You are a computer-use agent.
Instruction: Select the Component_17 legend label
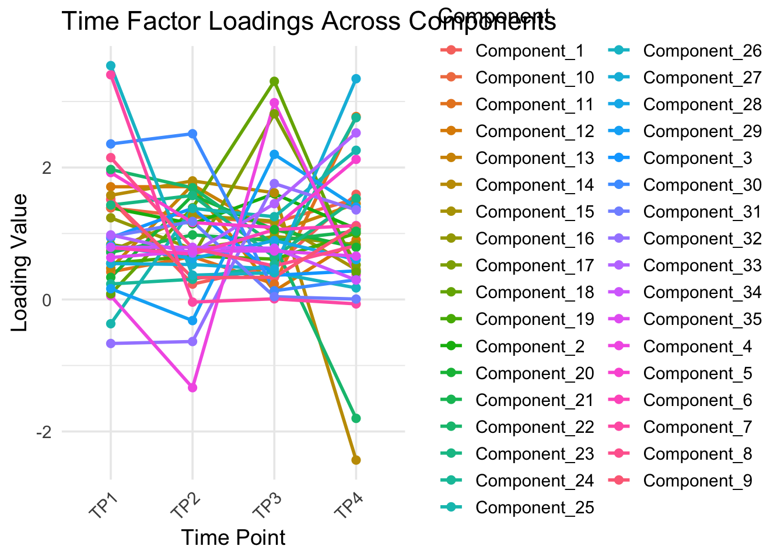pos(534,266)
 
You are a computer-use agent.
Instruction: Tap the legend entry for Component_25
pos(534,508)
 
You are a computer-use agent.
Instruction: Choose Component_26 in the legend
pos(702,51)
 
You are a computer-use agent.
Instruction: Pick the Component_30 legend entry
pos(702,185)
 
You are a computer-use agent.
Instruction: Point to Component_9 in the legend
pos(698,481)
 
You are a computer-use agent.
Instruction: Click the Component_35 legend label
pos(702,320)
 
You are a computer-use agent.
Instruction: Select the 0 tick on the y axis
pos(48,300)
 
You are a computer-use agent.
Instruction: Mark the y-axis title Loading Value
pos(20,262)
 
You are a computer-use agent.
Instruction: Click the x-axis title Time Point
pos(233,537)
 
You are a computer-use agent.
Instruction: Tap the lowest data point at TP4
pos(356,460)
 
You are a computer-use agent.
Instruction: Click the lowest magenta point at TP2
pos(192,388)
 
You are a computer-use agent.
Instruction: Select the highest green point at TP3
pos(274,81)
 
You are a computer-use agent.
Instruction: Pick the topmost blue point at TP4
pos(356,79)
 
